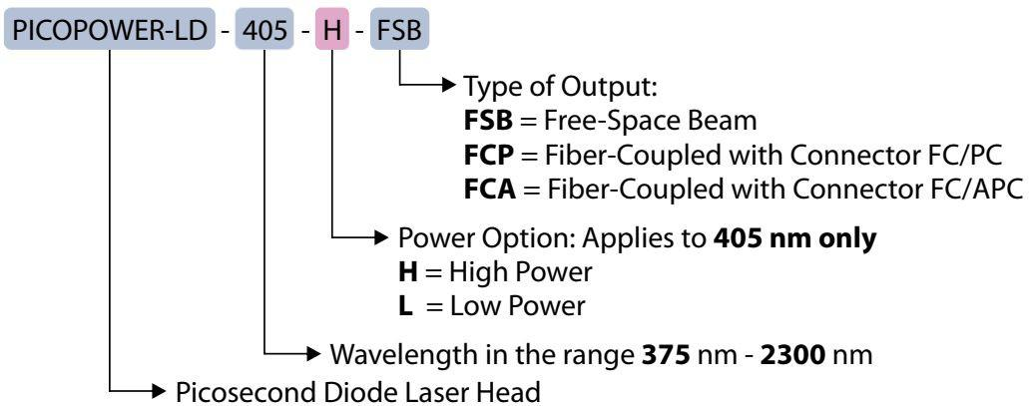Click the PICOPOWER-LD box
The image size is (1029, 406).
[110, 30]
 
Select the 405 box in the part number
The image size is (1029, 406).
[264, 30]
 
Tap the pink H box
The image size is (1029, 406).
[332, 30]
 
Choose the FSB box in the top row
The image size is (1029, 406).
[399, 30]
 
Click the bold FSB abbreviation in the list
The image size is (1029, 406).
[488, 121]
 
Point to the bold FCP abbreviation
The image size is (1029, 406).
[488, 155]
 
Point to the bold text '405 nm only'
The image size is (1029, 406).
[794, 238]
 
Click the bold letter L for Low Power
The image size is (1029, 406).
[405, 306]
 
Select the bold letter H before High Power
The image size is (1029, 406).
[408, 272]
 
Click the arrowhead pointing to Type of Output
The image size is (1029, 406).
[449, 85]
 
